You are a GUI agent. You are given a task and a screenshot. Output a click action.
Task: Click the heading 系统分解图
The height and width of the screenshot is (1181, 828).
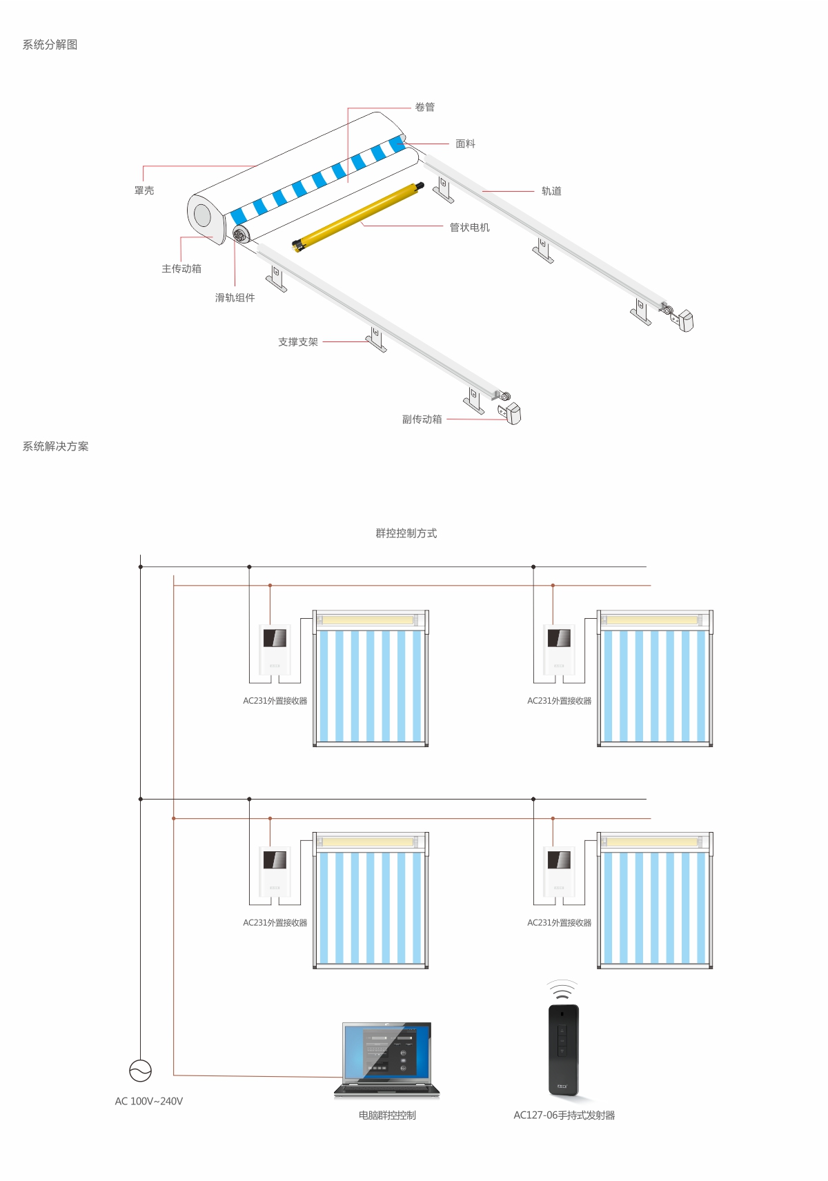click(x=50, y=45)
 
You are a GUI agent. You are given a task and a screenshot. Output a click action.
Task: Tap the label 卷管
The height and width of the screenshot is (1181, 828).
click(x=424, y=107)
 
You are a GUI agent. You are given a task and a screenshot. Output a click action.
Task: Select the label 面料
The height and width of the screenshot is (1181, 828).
click(x=465, y=143)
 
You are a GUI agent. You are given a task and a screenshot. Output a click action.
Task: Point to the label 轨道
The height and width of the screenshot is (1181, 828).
click(x=551, y=191)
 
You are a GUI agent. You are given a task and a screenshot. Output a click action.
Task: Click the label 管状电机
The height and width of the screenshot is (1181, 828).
click(x=469, y=227)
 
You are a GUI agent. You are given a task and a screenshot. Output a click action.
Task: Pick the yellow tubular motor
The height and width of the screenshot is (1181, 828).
click(x=357, y=215)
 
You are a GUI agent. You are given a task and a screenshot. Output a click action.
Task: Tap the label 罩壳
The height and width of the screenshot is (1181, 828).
click(x=144, y=190)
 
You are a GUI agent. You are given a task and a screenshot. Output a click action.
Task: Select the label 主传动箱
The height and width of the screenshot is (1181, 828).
click(x=181, y=268)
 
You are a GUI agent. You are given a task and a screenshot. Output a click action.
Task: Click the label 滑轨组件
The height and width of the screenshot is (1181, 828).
click(x=235, y=297)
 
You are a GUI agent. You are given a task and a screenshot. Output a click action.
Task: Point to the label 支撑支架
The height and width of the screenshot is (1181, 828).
click(x=298, y=341)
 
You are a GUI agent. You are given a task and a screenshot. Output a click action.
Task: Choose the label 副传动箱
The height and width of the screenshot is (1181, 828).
click(x=422, y=419)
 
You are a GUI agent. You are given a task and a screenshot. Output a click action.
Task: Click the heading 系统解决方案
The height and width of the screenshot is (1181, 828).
click(x=55, y=446)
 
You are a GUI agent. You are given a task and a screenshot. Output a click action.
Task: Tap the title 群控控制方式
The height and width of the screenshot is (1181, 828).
click(x=406, y=533)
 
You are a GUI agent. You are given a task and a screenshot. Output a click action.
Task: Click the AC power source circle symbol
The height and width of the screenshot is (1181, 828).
click(x=141, y=1071)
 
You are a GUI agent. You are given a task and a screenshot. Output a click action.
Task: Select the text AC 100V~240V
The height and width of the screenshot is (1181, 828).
click(x=149, y=1101)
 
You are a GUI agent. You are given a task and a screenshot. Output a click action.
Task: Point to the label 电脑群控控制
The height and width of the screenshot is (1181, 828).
click(x=387, y=1115)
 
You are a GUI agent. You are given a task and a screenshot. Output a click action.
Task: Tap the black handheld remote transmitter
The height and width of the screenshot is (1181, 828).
click(x=563, y=1050)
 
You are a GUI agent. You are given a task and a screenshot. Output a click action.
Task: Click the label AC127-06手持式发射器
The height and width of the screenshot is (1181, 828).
click(x=564, y=1115)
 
